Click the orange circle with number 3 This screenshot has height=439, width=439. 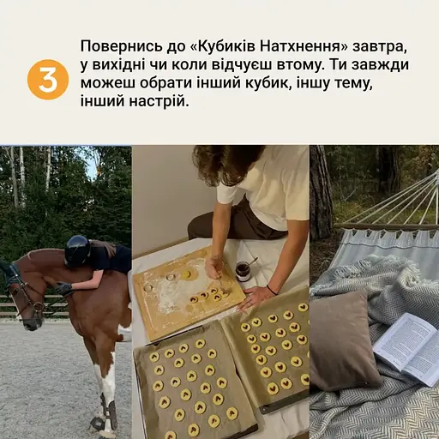click(x=47, y=80)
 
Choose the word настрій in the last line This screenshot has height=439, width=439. click(x=156, y=102)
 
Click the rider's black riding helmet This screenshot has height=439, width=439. click(x=77, y=250)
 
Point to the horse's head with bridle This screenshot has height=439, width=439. click(x=24, y=296)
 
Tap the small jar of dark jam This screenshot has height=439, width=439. click(x=244, y=271)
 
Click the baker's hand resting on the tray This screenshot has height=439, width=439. click(x=255, y=298)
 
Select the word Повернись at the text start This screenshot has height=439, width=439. click(x=113, y=44)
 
